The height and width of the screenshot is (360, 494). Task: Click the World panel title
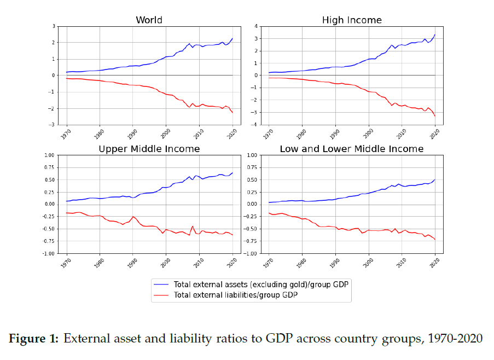click(149, 20)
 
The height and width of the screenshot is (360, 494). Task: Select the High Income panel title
click(351, 20)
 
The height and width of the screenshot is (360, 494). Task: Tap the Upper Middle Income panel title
click(149, 149)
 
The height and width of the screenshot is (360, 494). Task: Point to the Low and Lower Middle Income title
click(351, 149)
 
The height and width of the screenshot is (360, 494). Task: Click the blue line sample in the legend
click(163, 284)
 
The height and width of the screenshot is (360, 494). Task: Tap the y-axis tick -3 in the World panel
click(53, 125)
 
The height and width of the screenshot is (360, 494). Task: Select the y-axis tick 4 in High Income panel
click(256, 26)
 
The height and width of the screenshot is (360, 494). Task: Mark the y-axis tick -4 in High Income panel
click(254, 125)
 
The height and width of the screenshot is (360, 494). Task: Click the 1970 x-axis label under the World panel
click(66, 134)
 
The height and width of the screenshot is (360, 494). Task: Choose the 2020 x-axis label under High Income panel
click(434, 134)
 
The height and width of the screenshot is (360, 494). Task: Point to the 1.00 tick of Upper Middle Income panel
click(49, 155)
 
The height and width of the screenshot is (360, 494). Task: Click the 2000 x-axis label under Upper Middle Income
click(166, 263)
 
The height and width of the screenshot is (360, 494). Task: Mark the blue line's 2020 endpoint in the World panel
click(233, 38)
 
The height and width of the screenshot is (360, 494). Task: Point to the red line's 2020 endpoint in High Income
click(435, 116)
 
